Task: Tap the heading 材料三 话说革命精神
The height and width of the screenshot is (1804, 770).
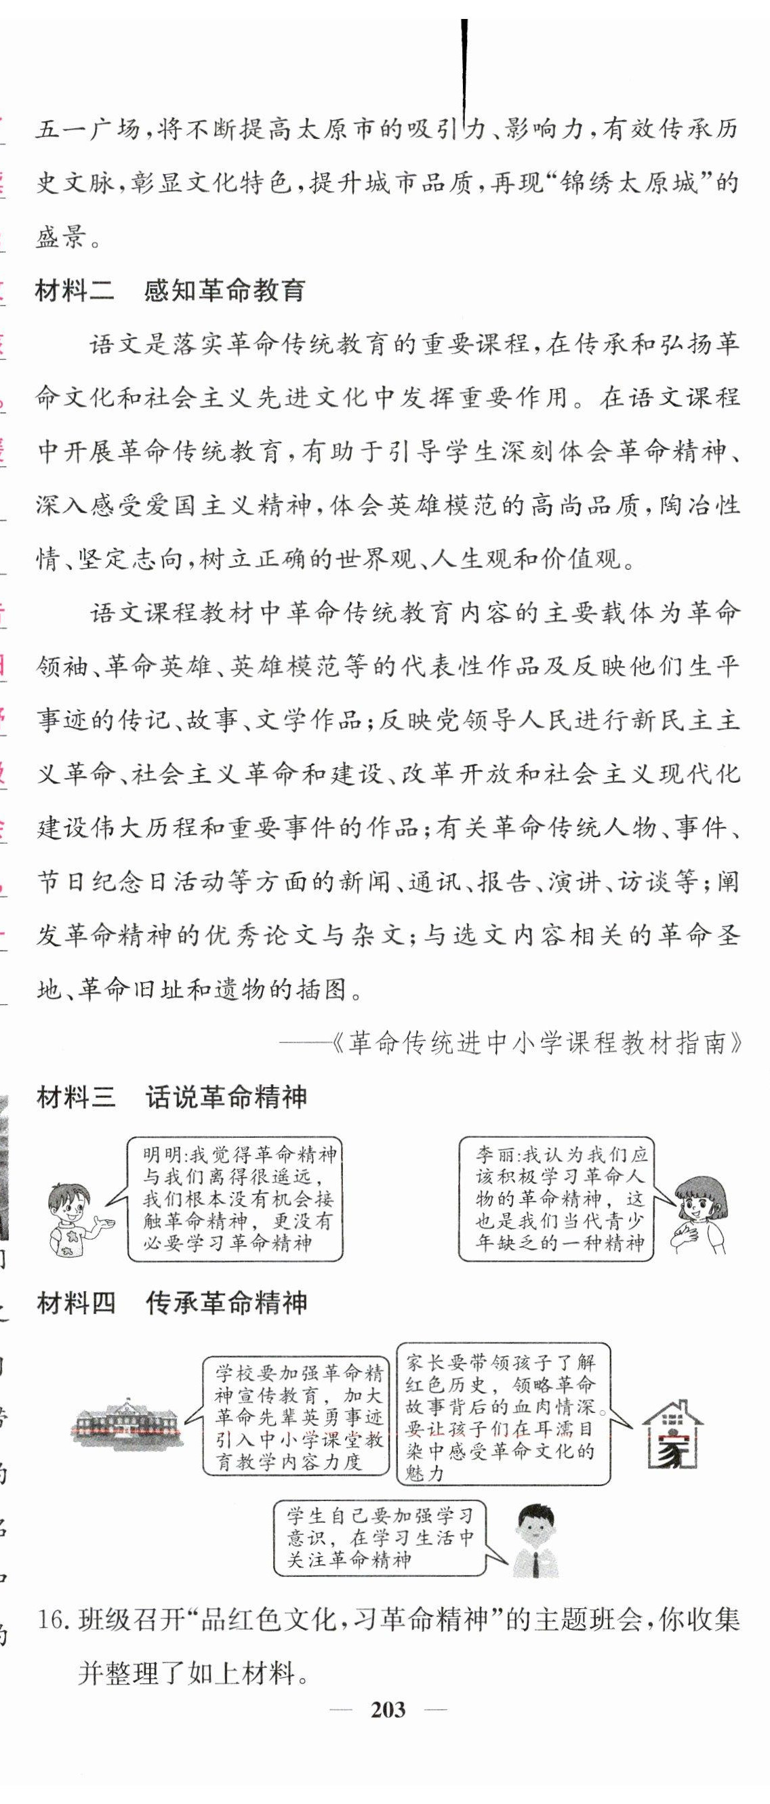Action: click(171, 1096)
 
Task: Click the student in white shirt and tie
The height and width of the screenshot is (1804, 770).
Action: click(534, 1540)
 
